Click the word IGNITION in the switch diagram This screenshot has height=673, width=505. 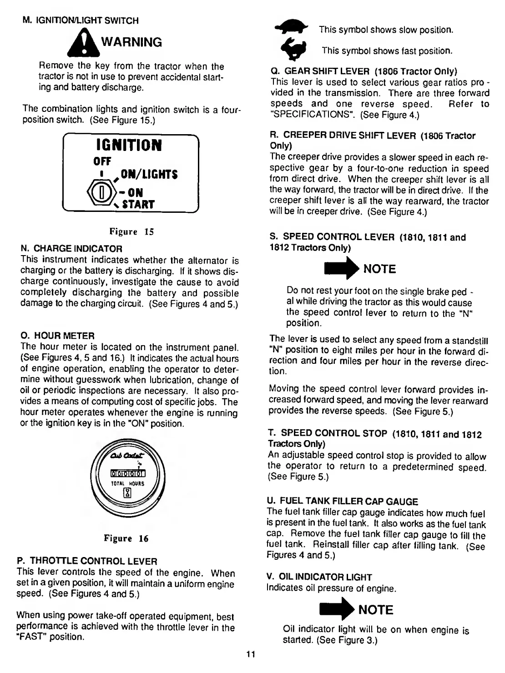click(x=129, y=146)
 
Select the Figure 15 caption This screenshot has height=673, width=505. click(x=131, y=232)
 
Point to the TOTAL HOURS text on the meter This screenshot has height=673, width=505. click(x=128, y=483)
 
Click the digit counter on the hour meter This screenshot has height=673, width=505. click(x=128, y=476)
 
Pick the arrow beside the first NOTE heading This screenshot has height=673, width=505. click(x=341, y=269)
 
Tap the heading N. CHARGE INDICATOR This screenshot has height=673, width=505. click(x=72, y=249)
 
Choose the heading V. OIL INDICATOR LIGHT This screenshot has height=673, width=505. click(x=319, y=577)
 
